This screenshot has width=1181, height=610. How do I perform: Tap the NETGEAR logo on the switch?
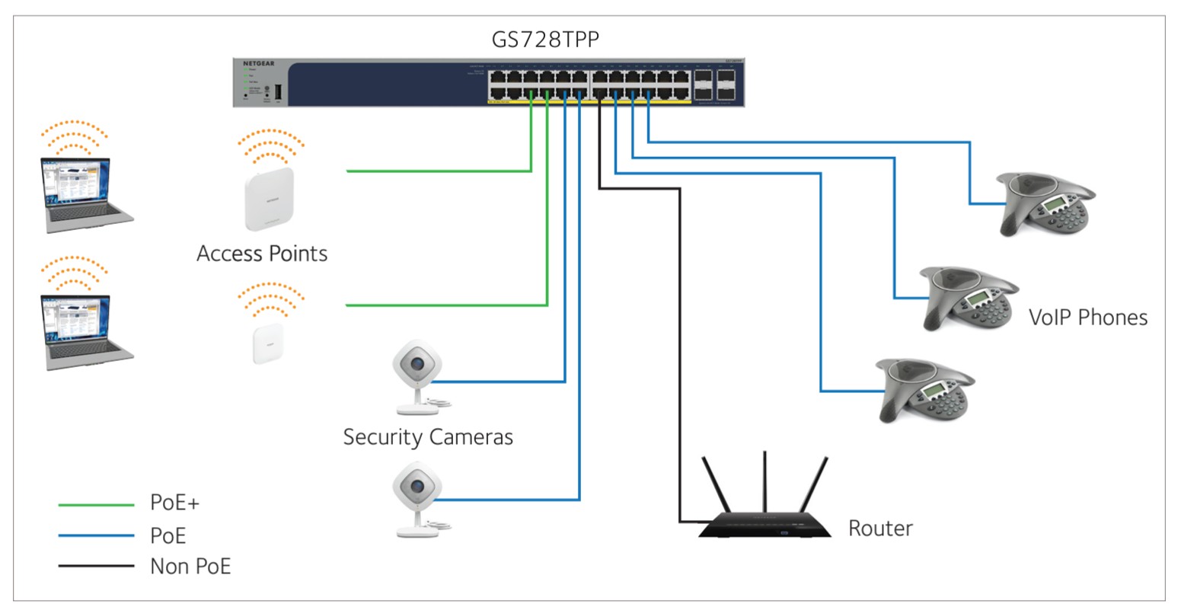pyautogui.click(x=258, y=63)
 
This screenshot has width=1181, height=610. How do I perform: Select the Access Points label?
pyautogui.click(x=262, y=254)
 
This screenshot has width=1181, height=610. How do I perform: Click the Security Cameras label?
pyautogui.click(x=428, y=437)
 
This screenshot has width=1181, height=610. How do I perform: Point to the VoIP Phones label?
pyautogui.click(x=1087, y=317)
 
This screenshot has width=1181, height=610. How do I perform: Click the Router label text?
pyautogui.click(x=880, y=528)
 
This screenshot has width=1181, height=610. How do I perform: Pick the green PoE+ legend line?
pyautogui.click(x=96, y=504)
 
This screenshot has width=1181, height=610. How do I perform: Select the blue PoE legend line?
pyautogui.click(x=96, y=536)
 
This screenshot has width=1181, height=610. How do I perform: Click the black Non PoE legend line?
pyautogui.click(x=96, y=567)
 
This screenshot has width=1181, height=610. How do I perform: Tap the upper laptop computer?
pyautogui.click(x=84, y=195)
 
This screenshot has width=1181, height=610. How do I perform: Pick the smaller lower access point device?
pyautogui.click(x=268, y=343)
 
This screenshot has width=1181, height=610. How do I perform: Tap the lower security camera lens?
pyautogui.click(x=417, y=486)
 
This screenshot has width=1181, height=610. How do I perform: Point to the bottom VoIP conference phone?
pyautogui.click(x=924, y=390)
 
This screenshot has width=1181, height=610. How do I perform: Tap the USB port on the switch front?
pyautogui.click(x=278, y=92)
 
